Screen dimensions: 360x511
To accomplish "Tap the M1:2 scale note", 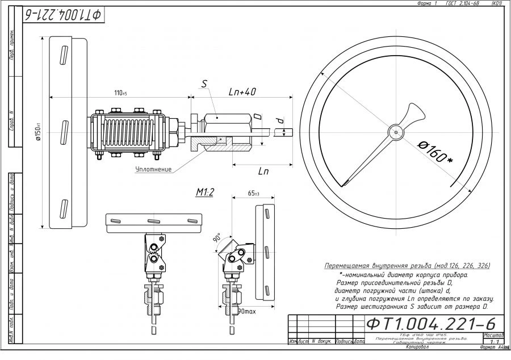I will [204, 192].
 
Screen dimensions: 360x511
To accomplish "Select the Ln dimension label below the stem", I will [263, 170].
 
